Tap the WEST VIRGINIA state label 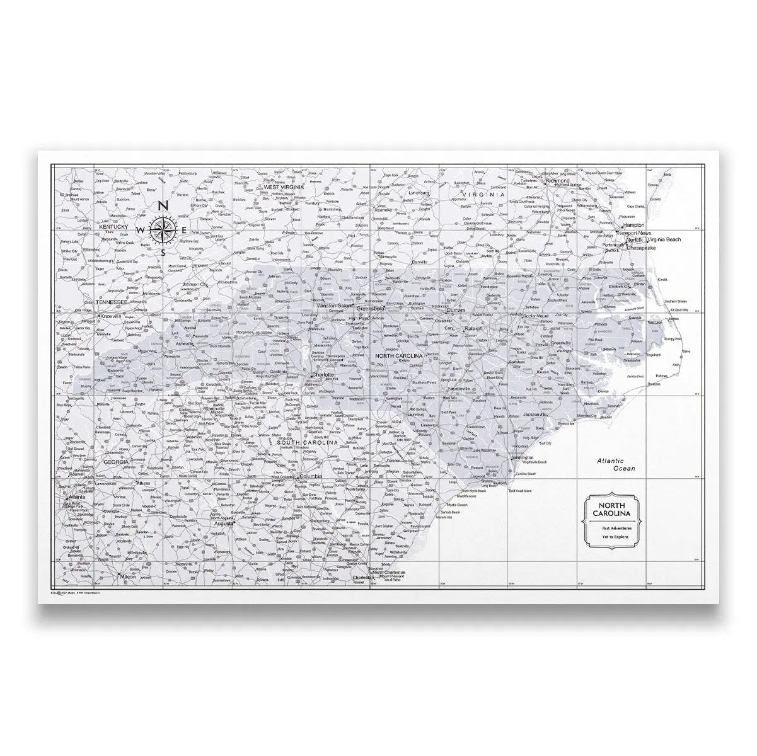pos(284,187)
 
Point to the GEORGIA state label pos(116,462)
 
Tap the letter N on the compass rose pos(162,206)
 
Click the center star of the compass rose pos(163,229)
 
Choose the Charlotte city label pos(322,374)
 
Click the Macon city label pos(128,576)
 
